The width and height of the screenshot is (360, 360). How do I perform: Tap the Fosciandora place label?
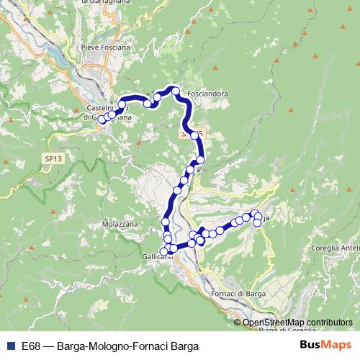(x=206, y=94)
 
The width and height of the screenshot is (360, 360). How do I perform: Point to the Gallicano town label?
(x=156, y=257)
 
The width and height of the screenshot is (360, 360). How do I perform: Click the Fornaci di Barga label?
(x=238, y=294)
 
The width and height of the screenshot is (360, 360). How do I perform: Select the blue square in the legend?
(x=10, y=346)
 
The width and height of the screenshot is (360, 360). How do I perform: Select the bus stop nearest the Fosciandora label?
(x=174, y=90)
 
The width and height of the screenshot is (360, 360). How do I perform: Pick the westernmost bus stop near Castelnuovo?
(x=102, y=120)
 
